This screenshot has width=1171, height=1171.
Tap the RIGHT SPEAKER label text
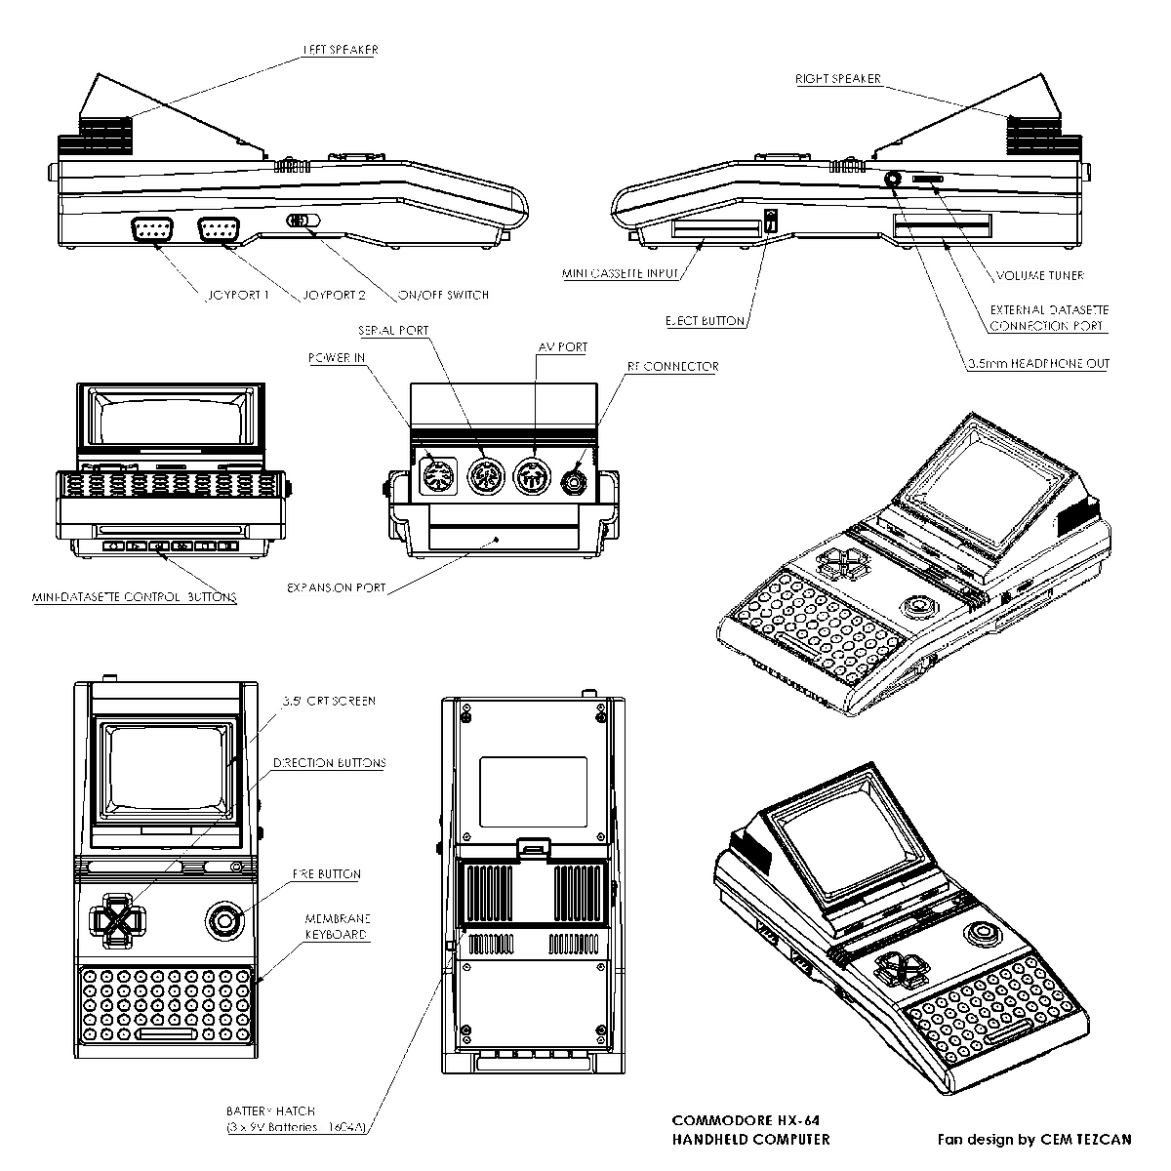[x=837, y=79]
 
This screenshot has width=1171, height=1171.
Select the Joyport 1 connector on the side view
[x=153, y=230]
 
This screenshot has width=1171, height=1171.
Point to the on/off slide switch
[x=303, y=221]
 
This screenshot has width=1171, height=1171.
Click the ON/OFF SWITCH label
[x=444, y=295]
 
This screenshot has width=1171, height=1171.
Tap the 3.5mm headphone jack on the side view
[x=894, y=180]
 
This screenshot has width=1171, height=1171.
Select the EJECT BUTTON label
[x=705, y=321]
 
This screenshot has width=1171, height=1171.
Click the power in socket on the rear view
[x=436, y=477]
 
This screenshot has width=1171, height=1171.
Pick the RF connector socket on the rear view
[x=575, y=480]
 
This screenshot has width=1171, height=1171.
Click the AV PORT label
[x=563, y=347]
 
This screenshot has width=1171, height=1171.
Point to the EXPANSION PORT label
[x=336, y=588]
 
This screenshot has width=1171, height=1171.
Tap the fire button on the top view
[x=223, y=919]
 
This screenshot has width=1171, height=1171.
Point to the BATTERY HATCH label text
[x=270, y=1110]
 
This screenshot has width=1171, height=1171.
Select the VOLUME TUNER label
[x=1039, y=275]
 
